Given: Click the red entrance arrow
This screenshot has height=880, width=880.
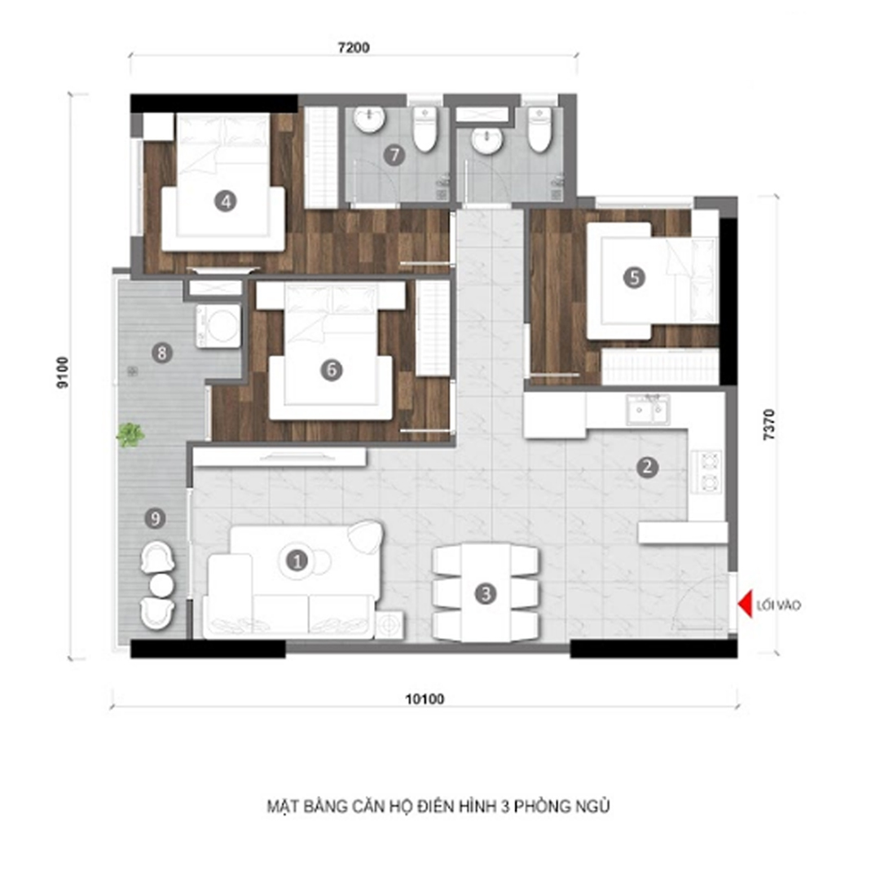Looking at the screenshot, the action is coord(745,605).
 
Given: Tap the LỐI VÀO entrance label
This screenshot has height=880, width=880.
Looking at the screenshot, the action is coord(778,605).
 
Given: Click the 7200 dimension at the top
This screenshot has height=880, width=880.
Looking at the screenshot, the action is coord(354,48).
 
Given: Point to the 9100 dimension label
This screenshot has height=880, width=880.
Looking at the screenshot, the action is coord(62,372).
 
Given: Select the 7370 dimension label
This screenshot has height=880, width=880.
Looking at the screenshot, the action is coord(769,425).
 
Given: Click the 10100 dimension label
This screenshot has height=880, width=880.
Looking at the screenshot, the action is coord(425,699).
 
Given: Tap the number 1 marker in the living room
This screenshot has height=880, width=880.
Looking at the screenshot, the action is coord(297,560).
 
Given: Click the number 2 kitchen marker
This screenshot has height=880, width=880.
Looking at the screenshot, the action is coord(647,467).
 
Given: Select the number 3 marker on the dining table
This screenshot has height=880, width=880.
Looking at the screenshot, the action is coord(486,594).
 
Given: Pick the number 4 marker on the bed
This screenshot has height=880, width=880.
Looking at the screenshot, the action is coord(226,201).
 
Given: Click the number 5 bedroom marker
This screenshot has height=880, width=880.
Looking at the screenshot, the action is coord(634,277).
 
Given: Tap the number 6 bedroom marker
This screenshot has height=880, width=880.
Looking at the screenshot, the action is coord(331,370).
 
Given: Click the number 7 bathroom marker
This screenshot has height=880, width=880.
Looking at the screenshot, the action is coord(394,155).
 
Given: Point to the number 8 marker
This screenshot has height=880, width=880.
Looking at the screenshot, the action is coord(162,353).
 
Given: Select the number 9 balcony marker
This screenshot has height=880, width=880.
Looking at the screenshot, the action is coord(155,518).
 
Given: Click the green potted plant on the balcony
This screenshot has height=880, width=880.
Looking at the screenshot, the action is coord(130,434).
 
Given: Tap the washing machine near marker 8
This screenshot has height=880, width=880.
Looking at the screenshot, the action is coord(218,325).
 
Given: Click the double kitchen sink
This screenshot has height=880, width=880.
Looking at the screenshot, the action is coord(648,409).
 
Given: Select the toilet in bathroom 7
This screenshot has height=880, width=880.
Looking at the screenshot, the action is coord(425,130).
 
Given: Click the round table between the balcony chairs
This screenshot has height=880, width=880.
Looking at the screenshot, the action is coord(161,585).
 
